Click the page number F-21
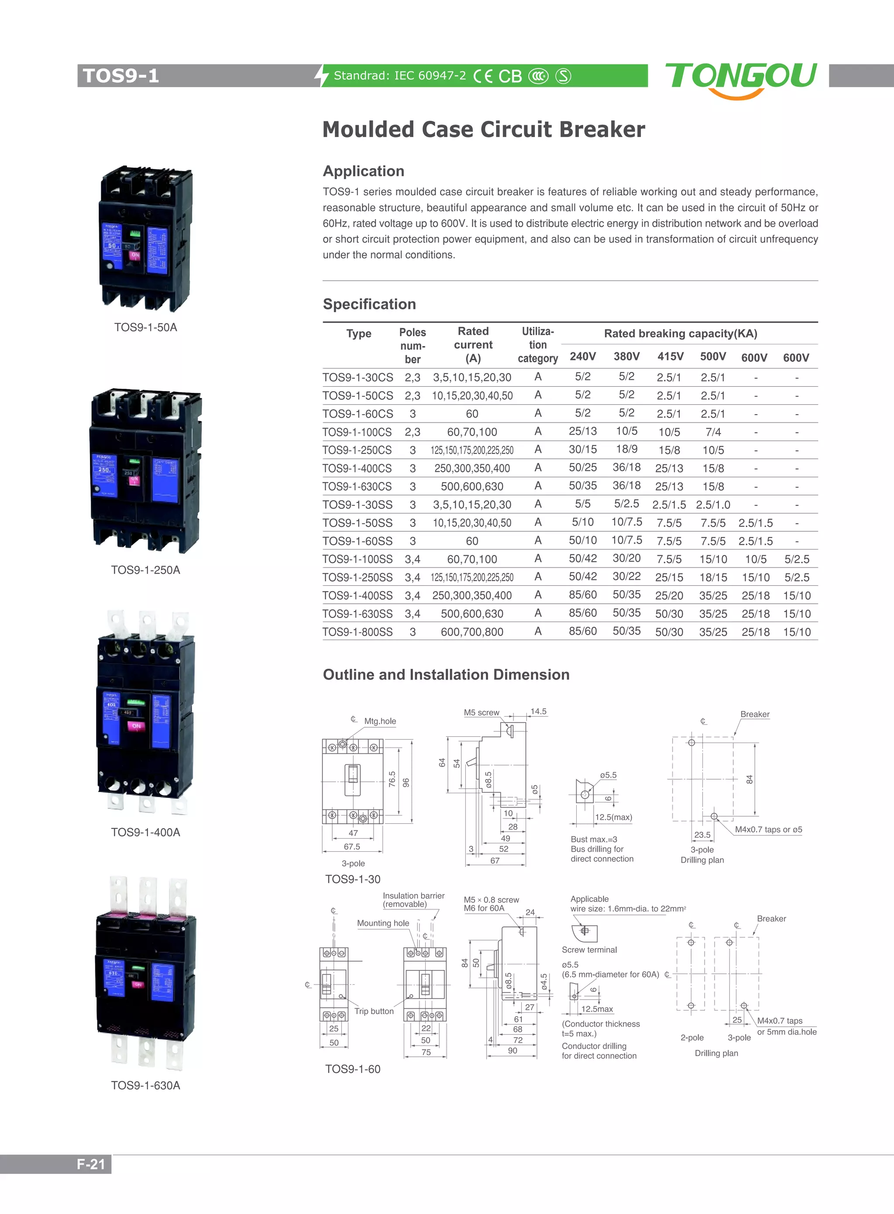pyautogui.click(x=90, y=1164)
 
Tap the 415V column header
pyautogui.click(x=670, y=356)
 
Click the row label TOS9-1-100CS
pyautogui.click(x=357, y=432)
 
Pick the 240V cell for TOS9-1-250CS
pyautogui.click(x=582, y=449)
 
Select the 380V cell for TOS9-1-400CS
pyautogui.click(x=626, y=468)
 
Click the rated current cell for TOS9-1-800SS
pyautogui.click(x=472, y=632)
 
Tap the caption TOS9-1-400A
pyautogui.click(x=145, y=832)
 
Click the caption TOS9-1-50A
pyautogui.click(x=145, y=327)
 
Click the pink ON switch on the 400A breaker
pyautogui.click(x=136, y=726)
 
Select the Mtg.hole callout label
pyautogui.click(x=380, y=721)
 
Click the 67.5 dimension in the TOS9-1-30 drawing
pyautogui.click(x=352, y=846)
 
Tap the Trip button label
pyautogui.click(x=374, y=1011)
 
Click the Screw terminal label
pyautogui.click(x=589, y=949)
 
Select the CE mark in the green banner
pyautogui.click(x=483, y=76)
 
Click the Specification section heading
pyautogui.click(x=369, y=304)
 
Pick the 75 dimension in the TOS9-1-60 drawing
pyautogui.click(x=426, y=1052)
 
